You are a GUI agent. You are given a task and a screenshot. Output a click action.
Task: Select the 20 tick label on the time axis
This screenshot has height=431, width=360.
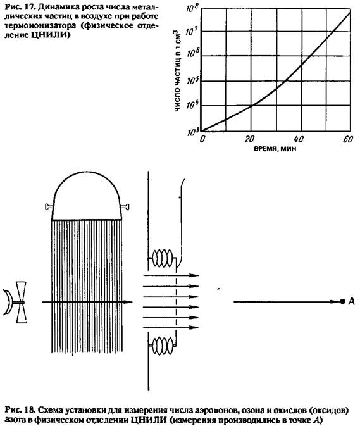click(249, 139)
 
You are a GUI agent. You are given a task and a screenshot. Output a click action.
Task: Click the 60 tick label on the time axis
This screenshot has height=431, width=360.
click(348, 139)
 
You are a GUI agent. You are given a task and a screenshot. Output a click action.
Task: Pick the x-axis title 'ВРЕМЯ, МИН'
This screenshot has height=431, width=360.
click(275, 149)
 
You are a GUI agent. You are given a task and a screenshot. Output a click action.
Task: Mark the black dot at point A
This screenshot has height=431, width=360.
click(342, 301)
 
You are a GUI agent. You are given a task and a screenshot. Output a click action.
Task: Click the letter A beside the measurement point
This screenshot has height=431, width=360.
click(352, 301)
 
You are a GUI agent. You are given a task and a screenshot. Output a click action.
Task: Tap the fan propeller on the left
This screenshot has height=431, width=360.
click(22, 303)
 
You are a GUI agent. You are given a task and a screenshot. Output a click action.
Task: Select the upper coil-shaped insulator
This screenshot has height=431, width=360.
click(163, 258)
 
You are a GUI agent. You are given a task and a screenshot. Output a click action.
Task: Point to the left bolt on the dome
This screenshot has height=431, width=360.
click(49, 207)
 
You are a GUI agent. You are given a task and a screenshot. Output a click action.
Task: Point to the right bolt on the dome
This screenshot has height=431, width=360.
click(125, 207)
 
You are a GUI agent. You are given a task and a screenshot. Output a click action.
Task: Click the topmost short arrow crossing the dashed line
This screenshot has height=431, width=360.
click(171, 275)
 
